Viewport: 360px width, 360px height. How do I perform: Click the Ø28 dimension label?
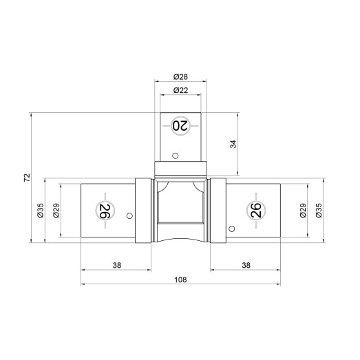pos(180,76)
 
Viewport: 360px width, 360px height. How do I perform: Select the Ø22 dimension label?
pos(180,90)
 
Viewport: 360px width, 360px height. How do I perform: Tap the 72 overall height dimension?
pos(27,178)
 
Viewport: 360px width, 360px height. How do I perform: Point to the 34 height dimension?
pos(233,144)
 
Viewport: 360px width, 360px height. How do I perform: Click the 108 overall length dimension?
pos(180,279)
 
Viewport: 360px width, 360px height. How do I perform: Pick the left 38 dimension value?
pos(116,265)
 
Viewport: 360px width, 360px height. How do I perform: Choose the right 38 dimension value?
pos(246,265)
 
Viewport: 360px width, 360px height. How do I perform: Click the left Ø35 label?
pos(40,211)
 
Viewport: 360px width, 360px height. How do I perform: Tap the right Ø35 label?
pos(319,211)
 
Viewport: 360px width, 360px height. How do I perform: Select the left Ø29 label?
pos(56,211)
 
